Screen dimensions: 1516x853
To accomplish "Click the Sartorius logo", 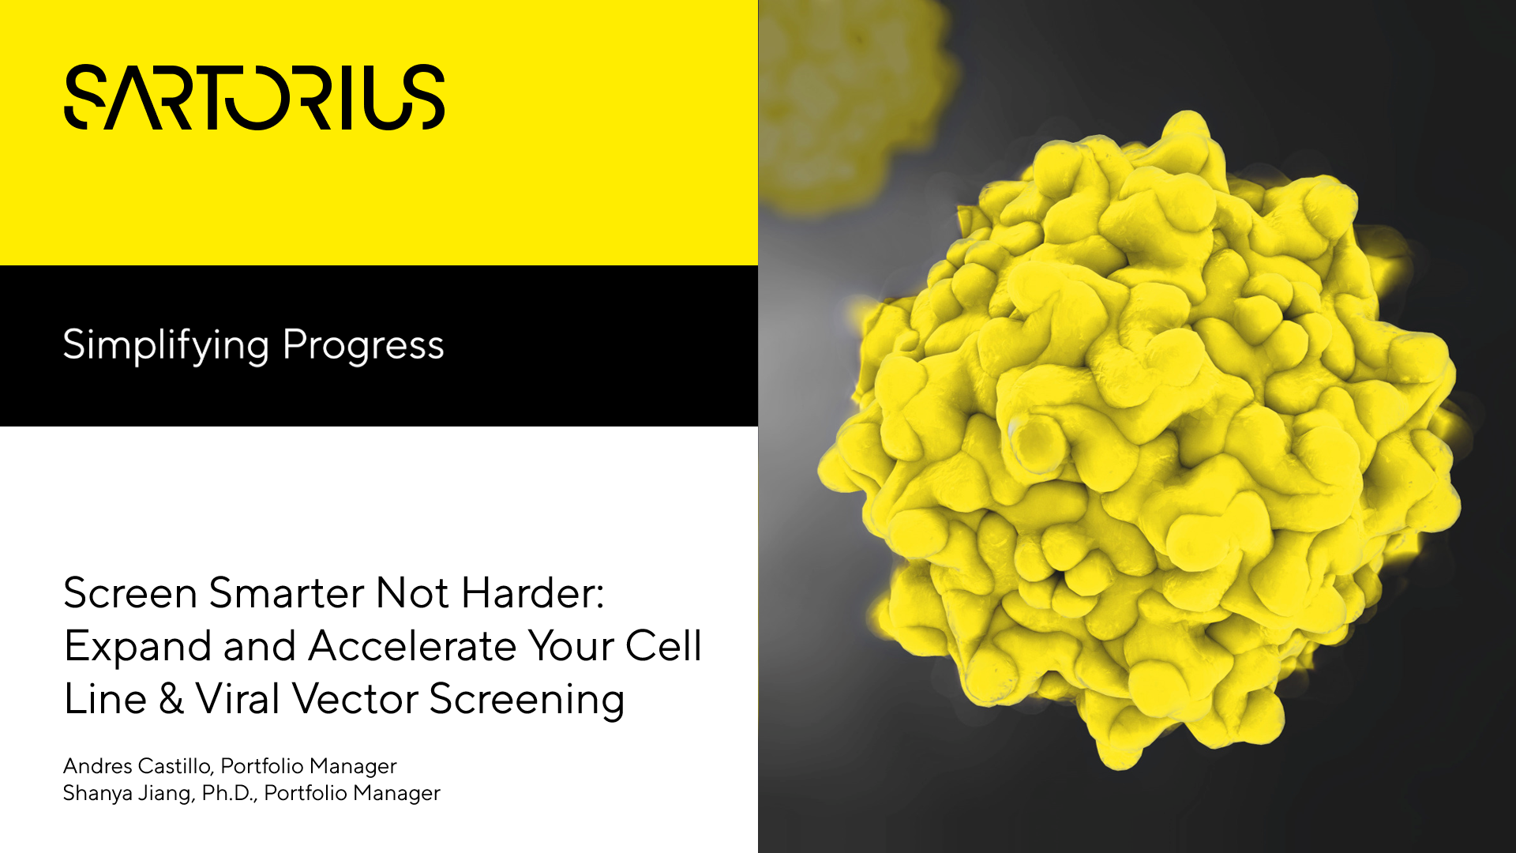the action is click(254, 97).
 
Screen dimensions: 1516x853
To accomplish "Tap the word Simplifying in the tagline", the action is click(166, 346).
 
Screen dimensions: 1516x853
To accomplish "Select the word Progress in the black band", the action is click(363, 346).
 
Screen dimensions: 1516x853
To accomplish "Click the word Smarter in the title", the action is click(285, 593).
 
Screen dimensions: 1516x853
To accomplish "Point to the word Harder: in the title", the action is click(533, 593).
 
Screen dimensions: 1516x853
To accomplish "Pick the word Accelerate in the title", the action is click(412, 646).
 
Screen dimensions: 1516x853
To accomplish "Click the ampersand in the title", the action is click(171, 699).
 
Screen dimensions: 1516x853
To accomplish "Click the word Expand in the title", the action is click(137, 648).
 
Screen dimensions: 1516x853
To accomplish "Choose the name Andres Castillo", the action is click(137, 766).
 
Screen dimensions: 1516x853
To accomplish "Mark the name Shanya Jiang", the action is click(127, 793).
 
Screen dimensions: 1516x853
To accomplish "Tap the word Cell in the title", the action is click(663, 646).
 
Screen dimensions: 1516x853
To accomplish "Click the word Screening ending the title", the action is click(527, 701).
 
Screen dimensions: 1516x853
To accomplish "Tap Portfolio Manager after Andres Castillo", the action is click(309, 766).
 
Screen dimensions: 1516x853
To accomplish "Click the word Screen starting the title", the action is click(130, 593).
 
